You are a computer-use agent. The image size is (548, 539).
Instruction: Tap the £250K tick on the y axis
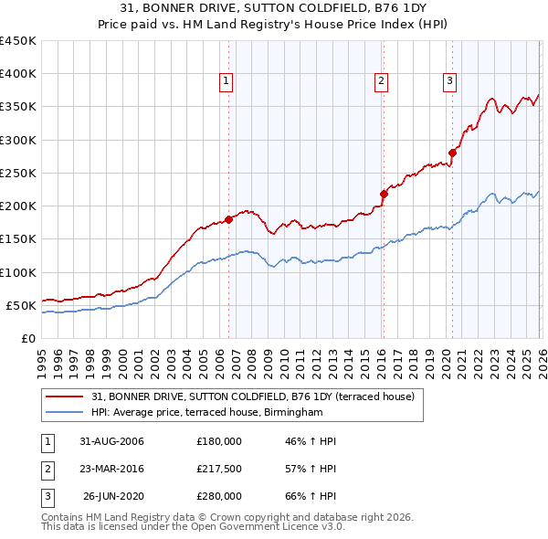[18, 173]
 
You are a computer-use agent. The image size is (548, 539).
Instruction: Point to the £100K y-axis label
[18, 272]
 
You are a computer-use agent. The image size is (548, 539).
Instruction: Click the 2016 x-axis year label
[380, 356]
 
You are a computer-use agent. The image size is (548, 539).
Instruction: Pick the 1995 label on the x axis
[42, 356]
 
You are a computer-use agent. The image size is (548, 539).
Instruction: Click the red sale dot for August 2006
[229, 219]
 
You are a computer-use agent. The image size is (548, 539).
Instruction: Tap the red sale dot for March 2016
[384, 194]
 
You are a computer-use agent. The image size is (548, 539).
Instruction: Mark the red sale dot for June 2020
[453, 153]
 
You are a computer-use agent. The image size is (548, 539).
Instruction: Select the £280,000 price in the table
[219, 496]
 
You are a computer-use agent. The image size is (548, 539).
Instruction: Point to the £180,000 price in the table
[219, 441]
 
